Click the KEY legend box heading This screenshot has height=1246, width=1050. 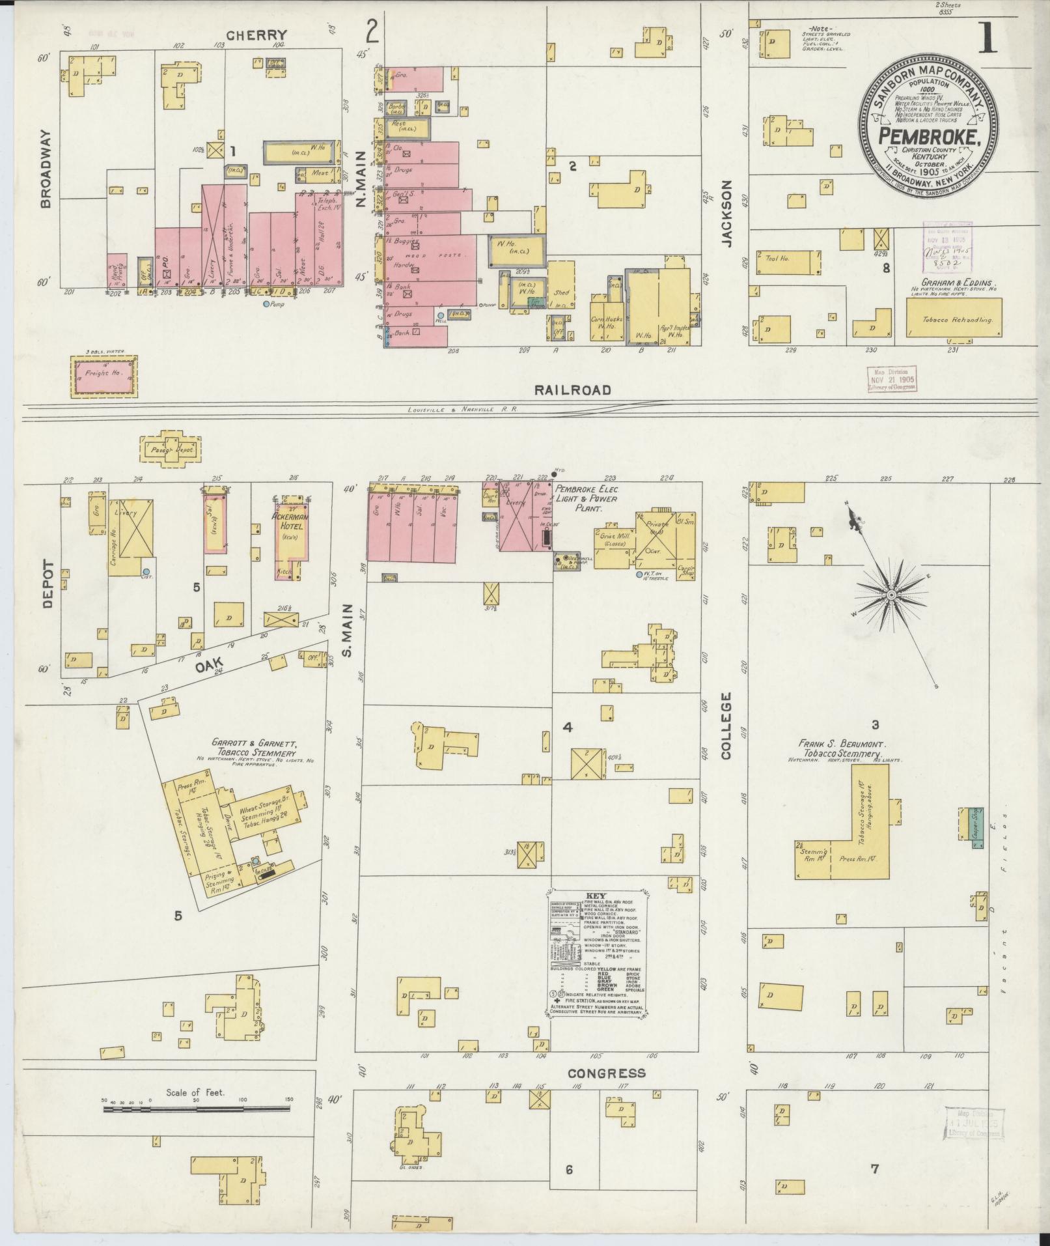pos(595,896)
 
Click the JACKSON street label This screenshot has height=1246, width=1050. pos(726,213)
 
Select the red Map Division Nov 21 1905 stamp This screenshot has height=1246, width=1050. pos(891,378)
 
